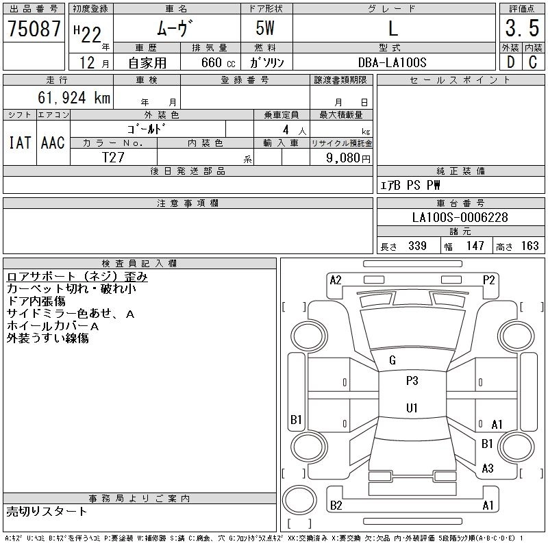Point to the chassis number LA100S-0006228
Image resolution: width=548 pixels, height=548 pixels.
pyautogui.click(x=460, y=217)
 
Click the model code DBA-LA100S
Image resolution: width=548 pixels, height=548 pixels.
pyautogui.click(x=393, y=62)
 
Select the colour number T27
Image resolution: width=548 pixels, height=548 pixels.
pyautogui.click(x=113, y=156)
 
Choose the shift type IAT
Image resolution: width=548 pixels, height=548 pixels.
pyautogui.click(x=19, y=142)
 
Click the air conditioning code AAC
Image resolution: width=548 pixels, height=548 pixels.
pyautogui.click(x=53, y=142)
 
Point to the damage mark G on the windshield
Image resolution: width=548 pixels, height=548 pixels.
pyautogui.click(x=393, y=360)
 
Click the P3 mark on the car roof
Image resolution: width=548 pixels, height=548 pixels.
pyautogui.click(x=412, y=382)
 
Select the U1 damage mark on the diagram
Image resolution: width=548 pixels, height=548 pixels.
pyautogui.click(x=412, y=408)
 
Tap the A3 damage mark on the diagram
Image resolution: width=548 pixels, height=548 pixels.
pyautogui.click(x=488, y=469)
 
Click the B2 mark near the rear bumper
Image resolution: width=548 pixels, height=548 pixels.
pyautogui.click(x=336, y=506)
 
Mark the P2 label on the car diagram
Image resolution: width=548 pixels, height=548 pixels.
pyautogui.click(x=488, y=279)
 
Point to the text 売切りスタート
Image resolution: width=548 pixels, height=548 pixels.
pyautogui.click(x=47, y=511)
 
